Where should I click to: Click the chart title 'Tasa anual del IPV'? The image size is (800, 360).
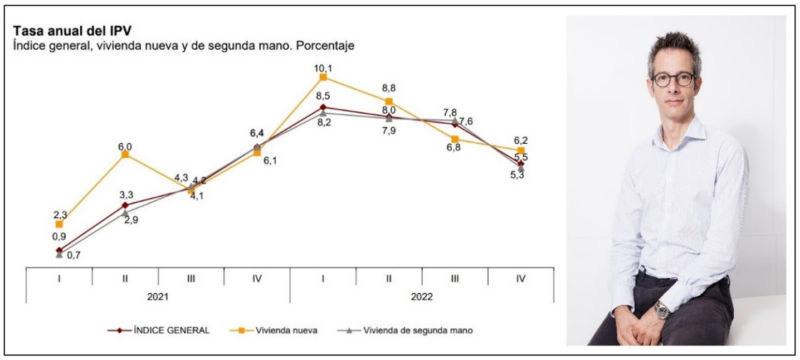click(72, 31)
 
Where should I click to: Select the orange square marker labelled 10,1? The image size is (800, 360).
click(323, 77)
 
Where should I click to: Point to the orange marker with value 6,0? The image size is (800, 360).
click(125, 154)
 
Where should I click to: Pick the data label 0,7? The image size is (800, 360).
click(74, 255)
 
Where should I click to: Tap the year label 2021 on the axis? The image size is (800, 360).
click(158, 298)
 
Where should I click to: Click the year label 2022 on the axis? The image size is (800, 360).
click(422, 298)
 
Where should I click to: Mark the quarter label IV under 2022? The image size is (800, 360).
click(520, 278)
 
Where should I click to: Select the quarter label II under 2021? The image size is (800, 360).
click(125, 278)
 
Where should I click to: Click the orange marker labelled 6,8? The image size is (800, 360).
click(455, 139)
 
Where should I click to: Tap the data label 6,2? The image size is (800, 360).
click(520, 141)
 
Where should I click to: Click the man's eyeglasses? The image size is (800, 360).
click(674, 79)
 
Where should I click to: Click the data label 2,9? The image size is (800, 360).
click(131, 220)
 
